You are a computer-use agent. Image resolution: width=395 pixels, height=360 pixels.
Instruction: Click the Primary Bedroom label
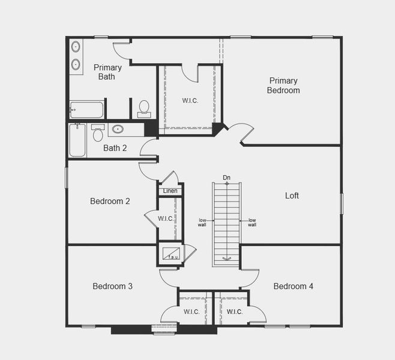tap(284, 85)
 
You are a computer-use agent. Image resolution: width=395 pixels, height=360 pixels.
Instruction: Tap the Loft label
tap(292, 196)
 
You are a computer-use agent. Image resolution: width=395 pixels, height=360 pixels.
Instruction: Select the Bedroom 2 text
tap(110, 201)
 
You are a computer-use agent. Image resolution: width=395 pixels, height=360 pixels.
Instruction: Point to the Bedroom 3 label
tap(112, 286)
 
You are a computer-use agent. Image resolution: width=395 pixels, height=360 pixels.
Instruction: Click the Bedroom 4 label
tap(293, 286)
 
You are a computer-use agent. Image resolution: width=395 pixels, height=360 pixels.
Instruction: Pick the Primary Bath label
tap(107, 72)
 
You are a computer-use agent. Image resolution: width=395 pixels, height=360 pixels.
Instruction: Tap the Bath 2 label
tap(115, 148)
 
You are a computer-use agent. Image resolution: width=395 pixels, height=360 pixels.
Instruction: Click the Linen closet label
tap(170, 191)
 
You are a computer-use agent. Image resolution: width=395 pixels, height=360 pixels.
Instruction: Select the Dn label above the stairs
tap(226, 178)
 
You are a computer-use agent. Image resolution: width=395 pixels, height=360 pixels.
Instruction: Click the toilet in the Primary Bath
tap(144, 108)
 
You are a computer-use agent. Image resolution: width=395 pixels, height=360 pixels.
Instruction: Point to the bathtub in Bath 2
tap(77, 140)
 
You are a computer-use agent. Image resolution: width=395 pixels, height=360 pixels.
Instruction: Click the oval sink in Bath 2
tap(118, 129)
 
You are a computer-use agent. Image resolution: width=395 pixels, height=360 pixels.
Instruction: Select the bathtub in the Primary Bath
tap(86, 110)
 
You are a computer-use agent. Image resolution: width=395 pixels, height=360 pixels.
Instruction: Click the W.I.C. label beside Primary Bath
tap(190, 100)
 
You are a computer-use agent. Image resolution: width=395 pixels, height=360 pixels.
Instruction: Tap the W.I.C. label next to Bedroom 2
tap(166, 218)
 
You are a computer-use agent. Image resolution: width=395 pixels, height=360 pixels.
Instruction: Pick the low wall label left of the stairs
tap(202, 223)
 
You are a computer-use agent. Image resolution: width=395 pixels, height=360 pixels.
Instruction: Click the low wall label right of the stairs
tap(252, 223)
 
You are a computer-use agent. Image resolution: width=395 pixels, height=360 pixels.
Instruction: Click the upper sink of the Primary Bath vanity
tap(76, 46)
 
